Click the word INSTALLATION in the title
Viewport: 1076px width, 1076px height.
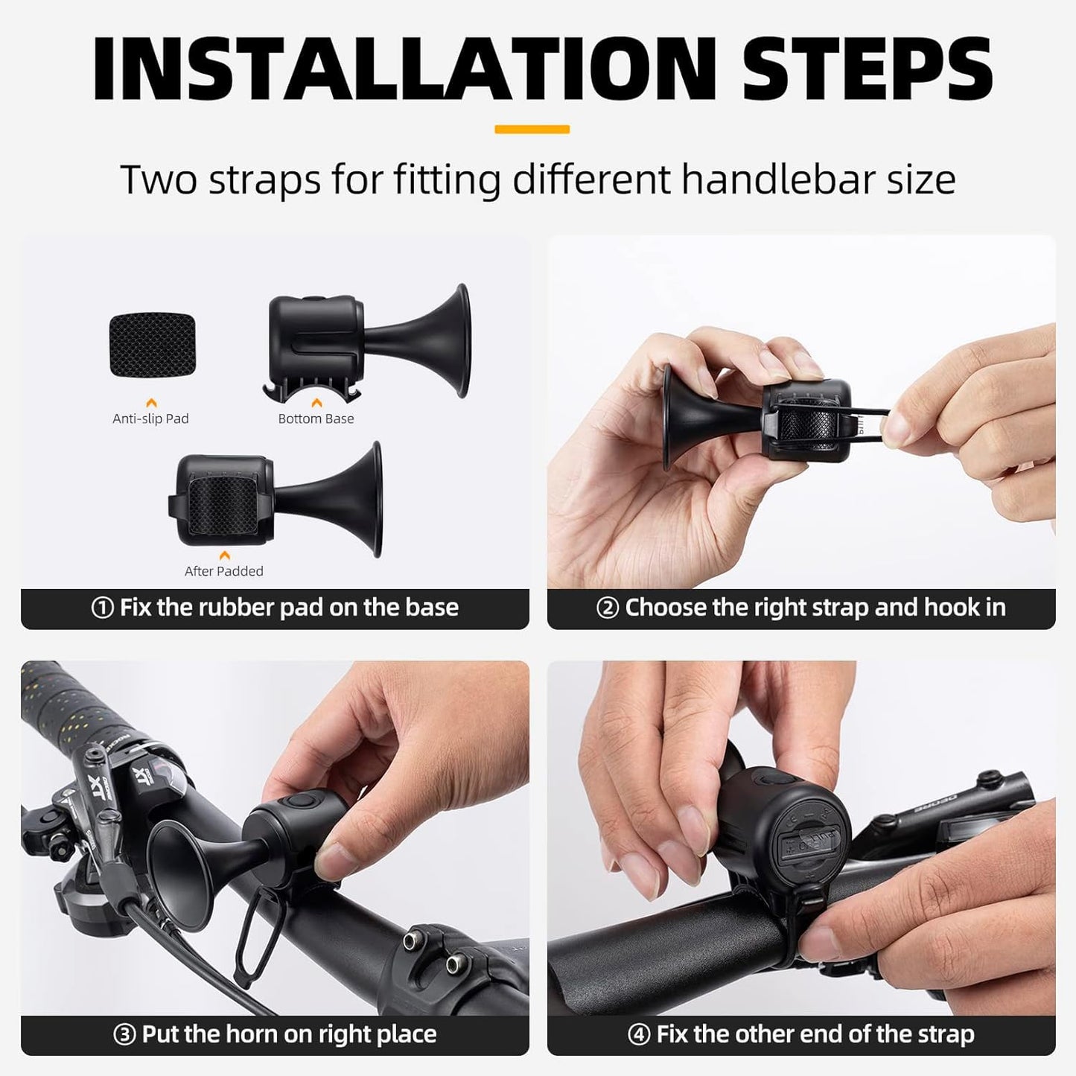point(403,69)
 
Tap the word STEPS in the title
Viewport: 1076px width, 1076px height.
point(867,69)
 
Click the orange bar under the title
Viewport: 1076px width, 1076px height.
point(532,130)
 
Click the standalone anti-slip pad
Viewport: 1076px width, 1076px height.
point(153,344)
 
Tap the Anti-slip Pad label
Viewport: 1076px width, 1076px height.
point(150,418)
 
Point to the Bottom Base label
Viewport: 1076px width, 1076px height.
point(316,418)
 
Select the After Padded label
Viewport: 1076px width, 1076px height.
point(223,571)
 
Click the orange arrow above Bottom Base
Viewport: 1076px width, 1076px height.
point(316,402)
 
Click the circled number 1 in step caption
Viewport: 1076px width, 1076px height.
point(102,608)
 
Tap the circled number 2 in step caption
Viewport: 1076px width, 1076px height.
point(607,608)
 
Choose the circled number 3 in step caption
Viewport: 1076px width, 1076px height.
point(124,1035)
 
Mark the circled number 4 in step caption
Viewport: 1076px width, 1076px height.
point(638,1035)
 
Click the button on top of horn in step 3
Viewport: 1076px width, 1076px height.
point(300,802)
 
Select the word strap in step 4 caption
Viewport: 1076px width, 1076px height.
point(940,1035)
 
